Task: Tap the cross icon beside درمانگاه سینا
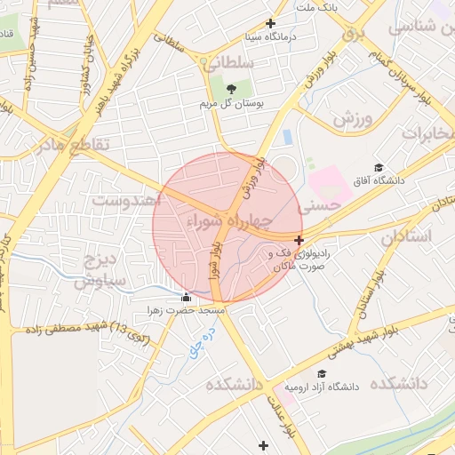271,24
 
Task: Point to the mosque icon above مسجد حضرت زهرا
186,297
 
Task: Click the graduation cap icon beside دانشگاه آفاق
378,167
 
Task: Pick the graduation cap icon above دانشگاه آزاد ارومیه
321,373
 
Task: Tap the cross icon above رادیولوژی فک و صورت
299,240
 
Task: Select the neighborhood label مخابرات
427,132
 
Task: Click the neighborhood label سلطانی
228,63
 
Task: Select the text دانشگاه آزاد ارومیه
320,387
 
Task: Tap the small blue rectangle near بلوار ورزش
287,137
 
